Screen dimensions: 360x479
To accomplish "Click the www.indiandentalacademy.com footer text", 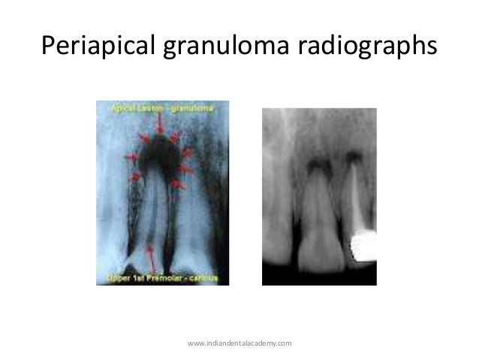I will point(239,343).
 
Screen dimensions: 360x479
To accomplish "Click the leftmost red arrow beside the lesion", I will point(130,156).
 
